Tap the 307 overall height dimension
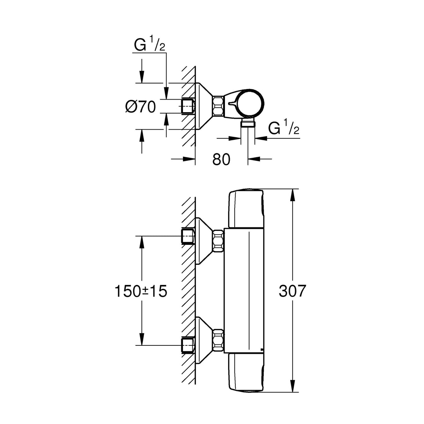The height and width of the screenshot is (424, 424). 292,291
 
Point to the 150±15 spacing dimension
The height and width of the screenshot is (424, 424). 141,291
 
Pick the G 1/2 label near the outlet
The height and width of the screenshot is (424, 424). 284,129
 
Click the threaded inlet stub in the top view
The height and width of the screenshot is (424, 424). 188,106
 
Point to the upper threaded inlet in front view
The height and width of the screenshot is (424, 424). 188,236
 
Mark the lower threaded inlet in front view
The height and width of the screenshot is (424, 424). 188,345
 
